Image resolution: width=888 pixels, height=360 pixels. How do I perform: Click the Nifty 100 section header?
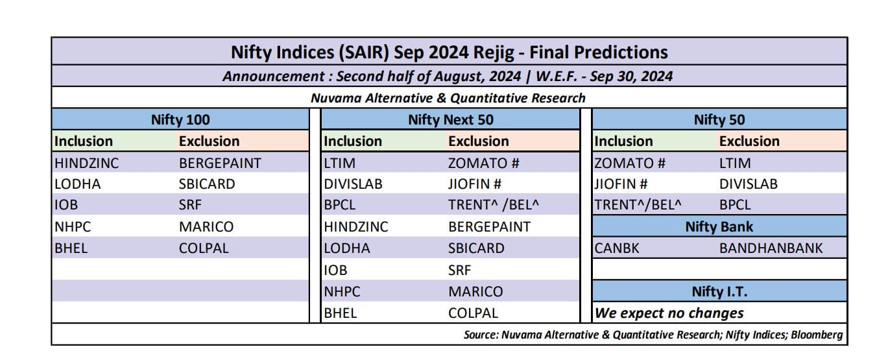[180, 119]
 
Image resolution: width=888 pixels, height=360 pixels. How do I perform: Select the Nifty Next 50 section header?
[450, 119]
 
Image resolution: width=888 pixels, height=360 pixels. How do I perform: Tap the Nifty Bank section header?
[719, 226]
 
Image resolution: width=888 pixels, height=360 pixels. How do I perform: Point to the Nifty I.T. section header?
[719, 291]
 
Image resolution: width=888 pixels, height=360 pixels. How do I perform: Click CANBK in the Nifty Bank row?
[617, 248]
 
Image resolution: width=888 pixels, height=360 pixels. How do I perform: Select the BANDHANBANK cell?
[771, 248]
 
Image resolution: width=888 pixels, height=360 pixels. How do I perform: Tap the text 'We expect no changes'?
[669, 313]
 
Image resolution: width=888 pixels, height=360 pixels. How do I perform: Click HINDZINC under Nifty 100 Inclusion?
[87, 163]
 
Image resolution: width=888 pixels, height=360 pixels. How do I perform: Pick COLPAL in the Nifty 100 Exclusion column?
[204, 248]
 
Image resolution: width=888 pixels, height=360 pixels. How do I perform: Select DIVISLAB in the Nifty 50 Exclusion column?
[748, 184]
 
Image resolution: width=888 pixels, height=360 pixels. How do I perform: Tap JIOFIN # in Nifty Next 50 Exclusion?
[475, 184]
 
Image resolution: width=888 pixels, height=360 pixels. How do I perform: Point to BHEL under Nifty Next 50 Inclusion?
[341, 313]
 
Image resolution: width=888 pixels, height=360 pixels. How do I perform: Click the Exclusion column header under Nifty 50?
[749, 141]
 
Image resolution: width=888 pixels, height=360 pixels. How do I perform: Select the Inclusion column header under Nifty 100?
[84, 141]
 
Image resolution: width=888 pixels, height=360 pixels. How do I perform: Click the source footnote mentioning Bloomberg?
[653, 335]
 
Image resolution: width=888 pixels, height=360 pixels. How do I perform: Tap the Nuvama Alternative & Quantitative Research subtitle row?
[448, 98]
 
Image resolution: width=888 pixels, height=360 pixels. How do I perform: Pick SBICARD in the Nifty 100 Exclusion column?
[207, 184]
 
